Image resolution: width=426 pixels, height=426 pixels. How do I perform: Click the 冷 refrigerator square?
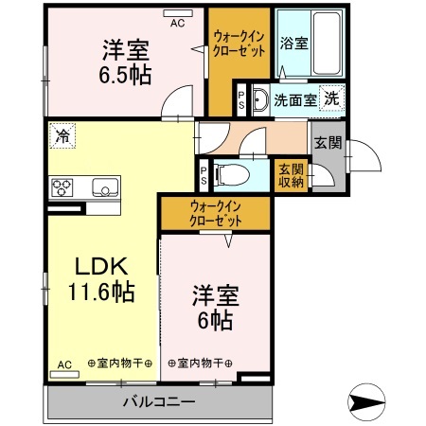[61, 135]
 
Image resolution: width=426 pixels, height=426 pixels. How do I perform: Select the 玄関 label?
[328, 143]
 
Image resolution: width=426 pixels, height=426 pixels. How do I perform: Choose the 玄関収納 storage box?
[291, 175]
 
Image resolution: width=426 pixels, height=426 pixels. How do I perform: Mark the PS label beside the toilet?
[204, 175]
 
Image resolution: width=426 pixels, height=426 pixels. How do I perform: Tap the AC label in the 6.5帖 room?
[177, 23]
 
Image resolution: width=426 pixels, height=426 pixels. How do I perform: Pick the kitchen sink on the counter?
[103, 186]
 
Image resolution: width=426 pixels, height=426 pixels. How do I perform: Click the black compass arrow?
[370, 400]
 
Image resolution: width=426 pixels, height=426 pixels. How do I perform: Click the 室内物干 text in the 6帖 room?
[200, 364]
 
